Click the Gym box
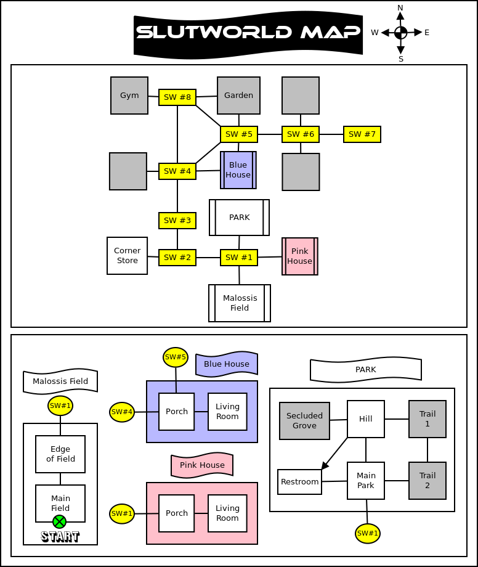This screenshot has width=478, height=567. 129,96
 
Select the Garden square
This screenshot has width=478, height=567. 239,96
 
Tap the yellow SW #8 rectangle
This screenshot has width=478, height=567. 177,97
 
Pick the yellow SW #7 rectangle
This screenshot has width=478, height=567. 362,134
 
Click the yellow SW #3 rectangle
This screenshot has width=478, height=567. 177,221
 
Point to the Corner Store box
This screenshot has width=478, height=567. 128,256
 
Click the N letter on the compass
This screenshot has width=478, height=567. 400,8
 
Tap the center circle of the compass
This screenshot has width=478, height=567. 400,33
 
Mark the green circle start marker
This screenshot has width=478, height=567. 59,521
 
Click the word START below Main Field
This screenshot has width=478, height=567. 60,537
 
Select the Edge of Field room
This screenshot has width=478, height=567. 60,454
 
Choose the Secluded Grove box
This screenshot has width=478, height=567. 305,421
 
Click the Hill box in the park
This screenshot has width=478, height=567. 366,419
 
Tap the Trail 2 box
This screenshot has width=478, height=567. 427,481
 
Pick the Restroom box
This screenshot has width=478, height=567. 300,482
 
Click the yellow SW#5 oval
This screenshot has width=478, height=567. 176,357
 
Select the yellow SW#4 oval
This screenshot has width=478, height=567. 122,412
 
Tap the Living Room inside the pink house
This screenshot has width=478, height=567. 227,513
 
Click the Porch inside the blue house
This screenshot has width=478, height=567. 177,412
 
